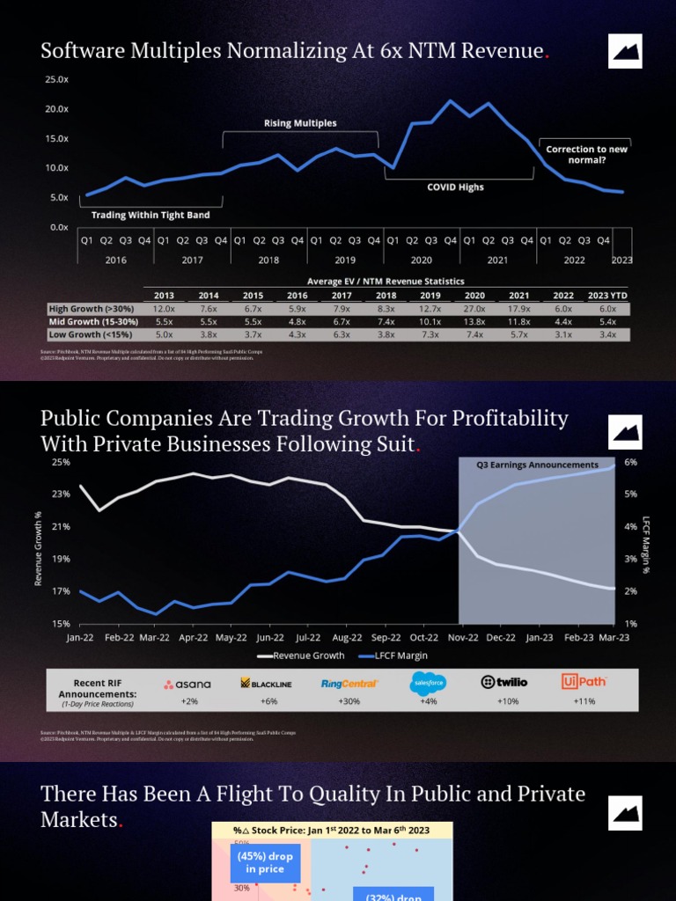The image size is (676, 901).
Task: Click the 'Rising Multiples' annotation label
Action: pyautogui.click(x=300, y=123)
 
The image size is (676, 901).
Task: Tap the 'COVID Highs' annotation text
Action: pyautogui.click(x=455, y=187)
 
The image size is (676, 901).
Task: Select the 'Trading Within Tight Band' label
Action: pyautogui.click(x=151, y=215)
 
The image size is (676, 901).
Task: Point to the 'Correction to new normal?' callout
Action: pyautogui.click(x=586, y=155)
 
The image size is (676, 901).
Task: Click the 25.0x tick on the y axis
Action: pyautogui.click(x=57, y=79)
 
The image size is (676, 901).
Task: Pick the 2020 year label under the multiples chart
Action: pyautogui.click(x=422, y=260)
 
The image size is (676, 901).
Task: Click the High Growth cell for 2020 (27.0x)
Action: pyautogui.click(x=474, y=309)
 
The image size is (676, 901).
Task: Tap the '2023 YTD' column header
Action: pyautogui.click(x=607, y=296)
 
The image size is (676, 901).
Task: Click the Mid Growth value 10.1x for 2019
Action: pyautogui.click(x=430, y=322)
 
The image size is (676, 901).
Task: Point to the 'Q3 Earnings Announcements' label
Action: pyautogui.click(x=537, y=465)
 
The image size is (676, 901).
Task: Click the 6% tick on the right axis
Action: pyautogui.click(x=630, y=462)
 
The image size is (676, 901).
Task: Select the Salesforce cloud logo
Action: pyautogui.click(x=429, y=683)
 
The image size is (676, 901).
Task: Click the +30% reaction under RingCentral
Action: pyautogui.click(x=349, y=701)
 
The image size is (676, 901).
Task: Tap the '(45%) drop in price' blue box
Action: pyautogui.click(x=264, y=861)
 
